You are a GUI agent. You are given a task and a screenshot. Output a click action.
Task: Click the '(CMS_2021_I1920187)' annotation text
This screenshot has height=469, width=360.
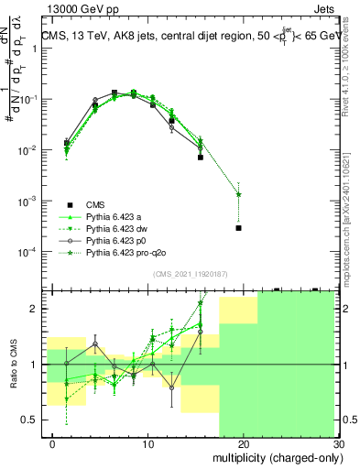(191, 274)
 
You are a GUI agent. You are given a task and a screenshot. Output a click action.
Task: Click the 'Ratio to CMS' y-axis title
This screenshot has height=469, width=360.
(13, 365)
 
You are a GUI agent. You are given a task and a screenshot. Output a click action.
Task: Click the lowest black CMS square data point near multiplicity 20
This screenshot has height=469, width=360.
(238, 228)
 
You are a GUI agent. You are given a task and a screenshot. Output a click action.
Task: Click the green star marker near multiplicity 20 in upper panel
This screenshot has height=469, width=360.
(238, 194)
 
